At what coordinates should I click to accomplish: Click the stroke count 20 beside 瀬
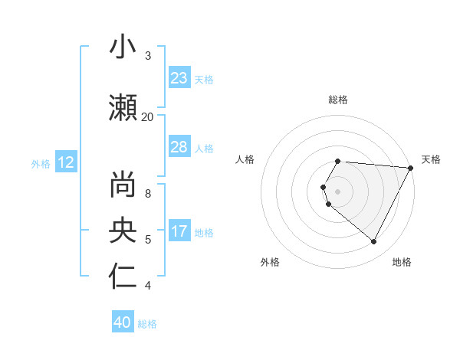(x=147, y=116)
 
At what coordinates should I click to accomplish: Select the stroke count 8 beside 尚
(x=147, y=194)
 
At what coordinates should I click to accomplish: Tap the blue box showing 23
(x=179, y=78)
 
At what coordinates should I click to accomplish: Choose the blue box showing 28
(x=179, y=147)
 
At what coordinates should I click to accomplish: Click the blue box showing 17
(x=179, y=231)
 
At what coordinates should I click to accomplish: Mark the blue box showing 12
(x=66, y=162)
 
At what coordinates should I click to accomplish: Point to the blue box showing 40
(x=123, y=323)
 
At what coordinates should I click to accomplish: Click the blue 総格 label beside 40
(x=147, y=324)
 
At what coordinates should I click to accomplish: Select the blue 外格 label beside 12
(x=41, y=163)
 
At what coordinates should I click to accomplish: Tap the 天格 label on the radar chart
(x=431, y=159)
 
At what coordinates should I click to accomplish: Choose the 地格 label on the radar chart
(x=402, y=262)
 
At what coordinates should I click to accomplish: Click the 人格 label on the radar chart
(x=245, y=159)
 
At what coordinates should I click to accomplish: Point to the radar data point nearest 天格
(x=410, y=168)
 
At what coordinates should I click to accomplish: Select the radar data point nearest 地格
(x=374, y=242)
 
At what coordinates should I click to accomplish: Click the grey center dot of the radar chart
(x=338, y=191)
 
